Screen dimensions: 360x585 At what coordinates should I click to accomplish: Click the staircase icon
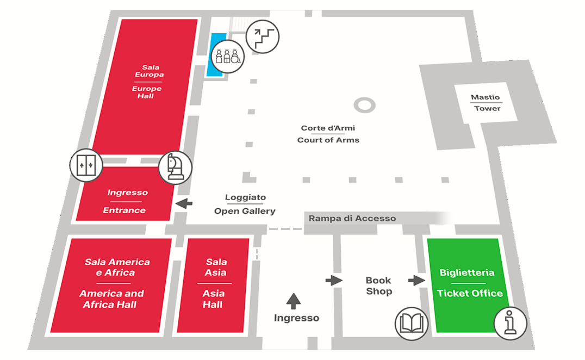[262, 37]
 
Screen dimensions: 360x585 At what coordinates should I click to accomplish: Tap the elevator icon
[86, 163]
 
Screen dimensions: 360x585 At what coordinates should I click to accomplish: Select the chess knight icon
[175, 166]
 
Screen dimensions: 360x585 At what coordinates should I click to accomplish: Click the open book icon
[410, 324]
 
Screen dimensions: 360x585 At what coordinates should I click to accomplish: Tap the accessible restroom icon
[227, 56]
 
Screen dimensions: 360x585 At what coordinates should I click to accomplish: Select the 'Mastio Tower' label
[486, 103]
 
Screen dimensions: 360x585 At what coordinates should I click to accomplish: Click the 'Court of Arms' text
[328, 140]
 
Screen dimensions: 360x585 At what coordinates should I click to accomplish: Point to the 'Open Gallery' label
[245, 211]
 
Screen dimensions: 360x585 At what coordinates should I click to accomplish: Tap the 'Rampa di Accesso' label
[352, 219]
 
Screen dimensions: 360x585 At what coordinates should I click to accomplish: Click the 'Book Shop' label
[378, 286]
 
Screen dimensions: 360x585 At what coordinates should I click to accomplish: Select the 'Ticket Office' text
[470, 293]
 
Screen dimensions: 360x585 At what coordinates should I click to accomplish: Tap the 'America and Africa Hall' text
[112, 299]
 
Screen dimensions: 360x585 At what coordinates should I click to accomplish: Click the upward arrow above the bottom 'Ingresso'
[294, 300]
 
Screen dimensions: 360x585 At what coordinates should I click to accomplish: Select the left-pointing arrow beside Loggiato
[185, 203]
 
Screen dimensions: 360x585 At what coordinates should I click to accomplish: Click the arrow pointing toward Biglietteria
[416, 281]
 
